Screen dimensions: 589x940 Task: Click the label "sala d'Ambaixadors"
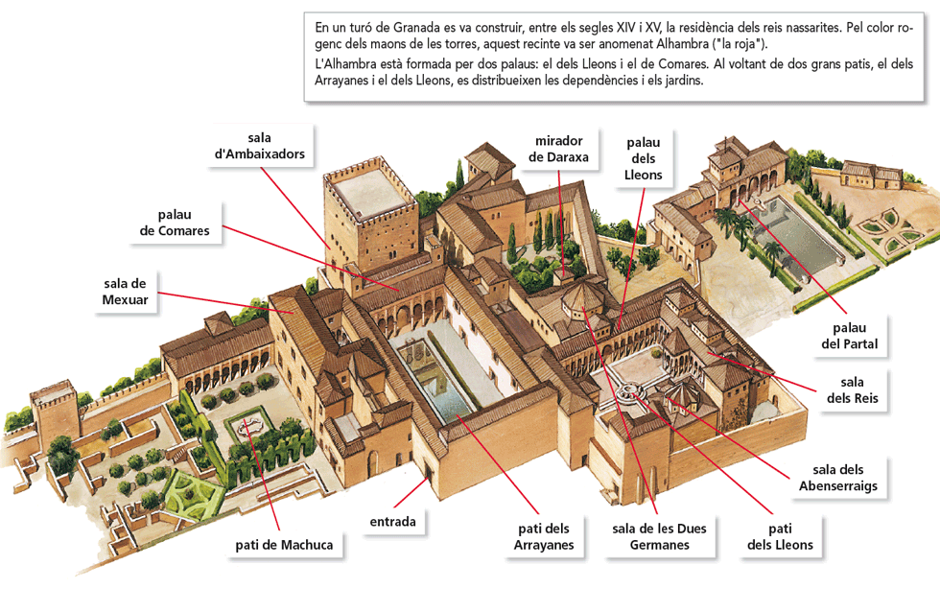260,146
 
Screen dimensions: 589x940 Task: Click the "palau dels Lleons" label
643,158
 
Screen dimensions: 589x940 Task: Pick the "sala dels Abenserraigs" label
837,478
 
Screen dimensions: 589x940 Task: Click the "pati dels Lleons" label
779,536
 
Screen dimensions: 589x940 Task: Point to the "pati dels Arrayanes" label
543,536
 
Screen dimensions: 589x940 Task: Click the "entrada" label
393,522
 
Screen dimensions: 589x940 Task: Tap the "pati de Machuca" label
284,545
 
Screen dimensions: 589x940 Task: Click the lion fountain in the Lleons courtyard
629,391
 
